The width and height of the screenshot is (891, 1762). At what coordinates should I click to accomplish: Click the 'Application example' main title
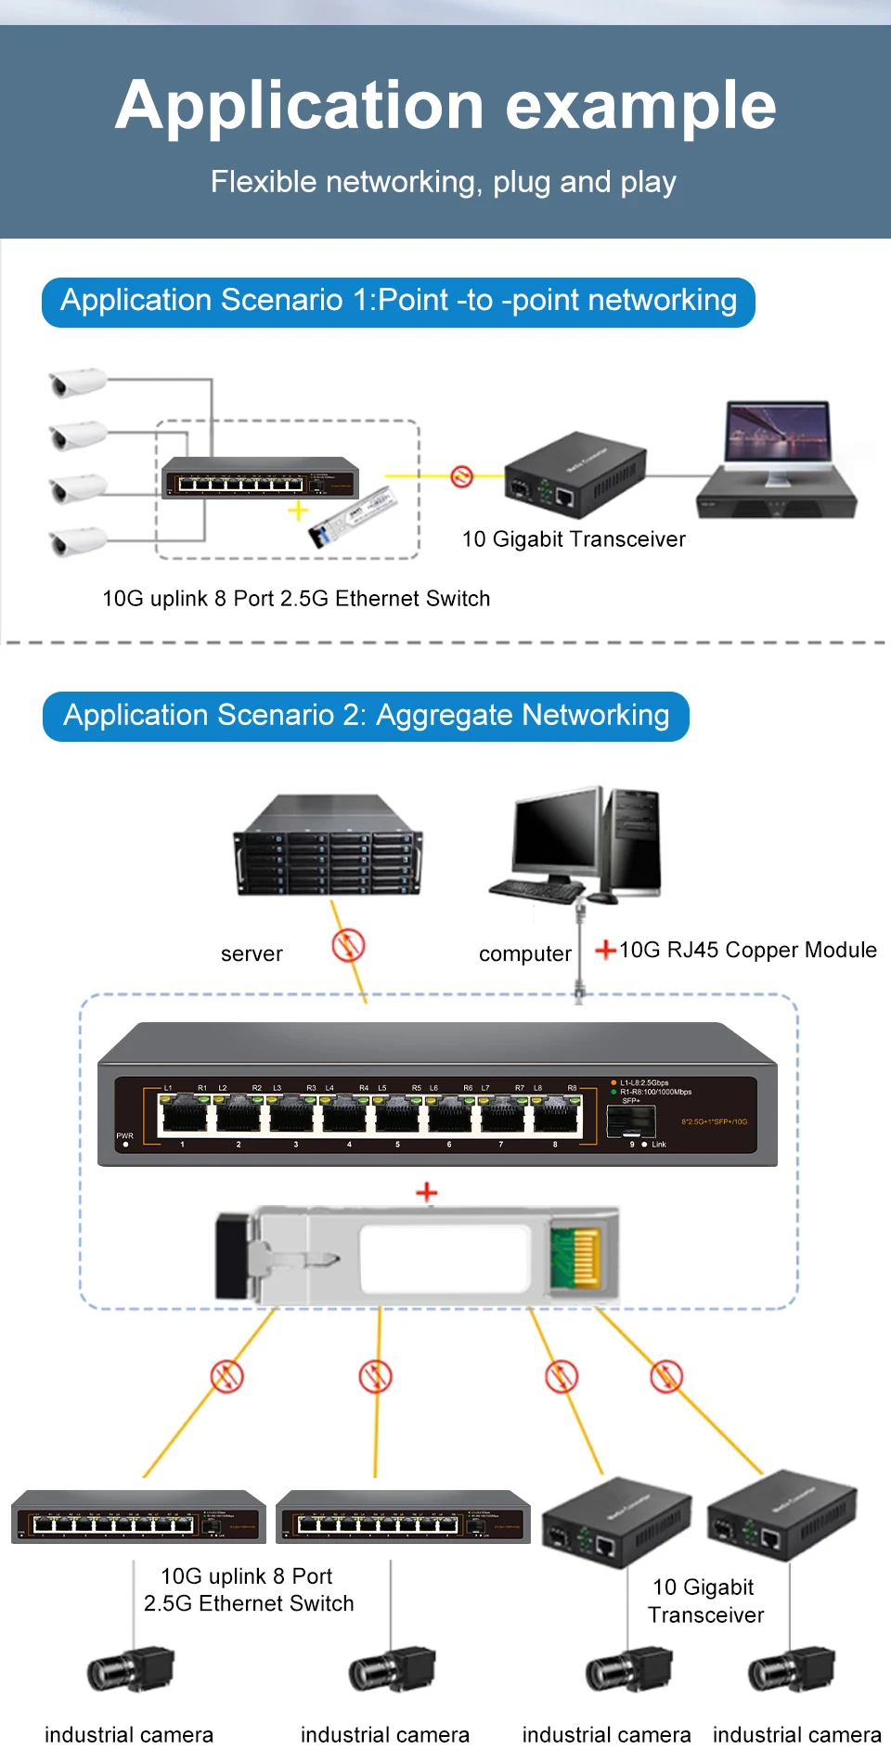[445, 105]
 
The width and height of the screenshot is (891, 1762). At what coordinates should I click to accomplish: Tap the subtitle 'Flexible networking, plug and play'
[444, 182]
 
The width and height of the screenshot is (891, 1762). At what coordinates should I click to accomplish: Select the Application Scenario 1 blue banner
[398, 302]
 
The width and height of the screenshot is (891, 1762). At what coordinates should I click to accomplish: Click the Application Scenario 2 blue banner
[366, 716]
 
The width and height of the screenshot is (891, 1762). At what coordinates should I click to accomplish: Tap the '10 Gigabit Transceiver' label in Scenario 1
[574, 539]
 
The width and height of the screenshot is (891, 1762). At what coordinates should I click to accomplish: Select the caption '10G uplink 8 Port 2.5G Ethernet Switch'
[296, 599]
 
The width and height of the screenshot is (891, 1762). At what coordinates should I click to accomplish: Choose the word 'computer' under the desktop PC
[524, 954]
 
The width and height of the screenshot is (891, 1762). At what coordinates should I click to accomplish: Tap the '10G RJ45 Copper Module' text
[747, 950]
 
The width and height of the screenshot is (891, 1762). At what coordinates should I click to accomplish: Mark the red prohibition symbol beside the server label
[348, 946]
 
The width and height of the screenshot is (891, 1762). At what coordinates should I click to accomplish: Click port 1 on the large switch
[184, 1114]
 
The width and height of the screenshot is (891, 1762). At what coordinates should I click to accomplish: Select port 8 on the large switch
[557, 1114]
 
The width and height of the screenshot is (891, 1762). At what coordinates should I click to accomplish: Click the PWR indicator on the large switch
[125, 1144]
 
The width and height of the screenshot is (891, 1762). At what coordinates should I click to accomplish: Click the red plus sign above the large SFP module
[426, 1192]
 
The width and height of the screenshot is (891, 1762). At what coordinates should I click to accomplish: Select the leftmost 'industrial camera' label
[129, 1734]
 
